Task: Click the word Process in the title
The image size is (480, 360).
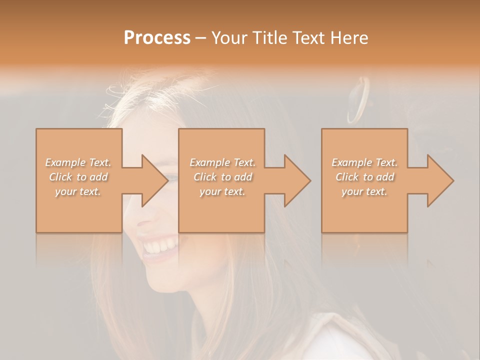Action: click(x=157, y=38)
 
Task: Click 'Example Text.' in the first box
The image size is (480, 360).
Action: click(x=78, y=162)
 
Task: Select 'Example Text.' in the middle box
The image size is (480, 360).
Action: click(x=222, y=162)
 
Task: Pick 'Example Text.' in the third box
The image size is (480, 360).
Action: click(x=364, y=162)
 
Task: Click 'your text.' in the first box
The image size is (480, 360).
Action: click(x=78, y=191)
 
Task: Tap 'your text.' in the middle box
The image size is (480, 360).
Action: click(x=222, y=191)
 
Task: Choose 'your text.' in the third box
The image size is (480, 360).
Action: click(x=364, y=191)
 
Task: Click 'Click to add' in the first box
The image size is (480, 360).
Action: click(x=78, y=177)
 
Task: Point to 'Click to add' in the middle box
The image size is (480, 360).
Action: click(x=222, y=177)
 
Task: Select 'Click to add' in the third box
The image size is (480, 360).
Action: click(x=364, y=177)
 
